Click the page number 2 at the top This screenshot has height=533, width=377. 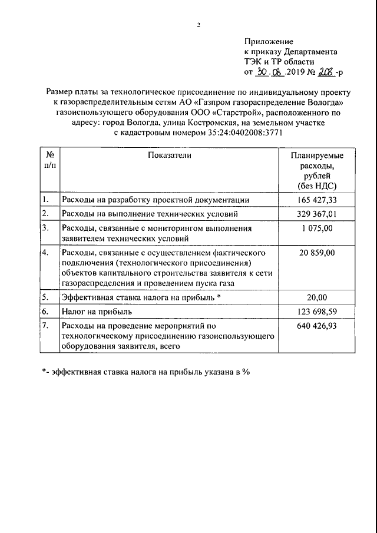(199, 25)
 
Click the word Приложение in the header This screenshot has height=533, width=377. (269, 41)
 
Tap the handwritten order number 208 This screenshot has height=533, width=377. (326, 73)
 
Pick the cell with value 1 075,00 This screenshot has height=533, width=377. (318, 227)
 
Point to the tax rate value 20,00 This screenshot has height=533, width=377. (318, 297)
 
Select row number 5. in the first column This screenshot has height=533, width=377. (45, 297)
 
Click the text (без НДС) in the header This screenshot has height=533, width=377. (318, 187)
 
